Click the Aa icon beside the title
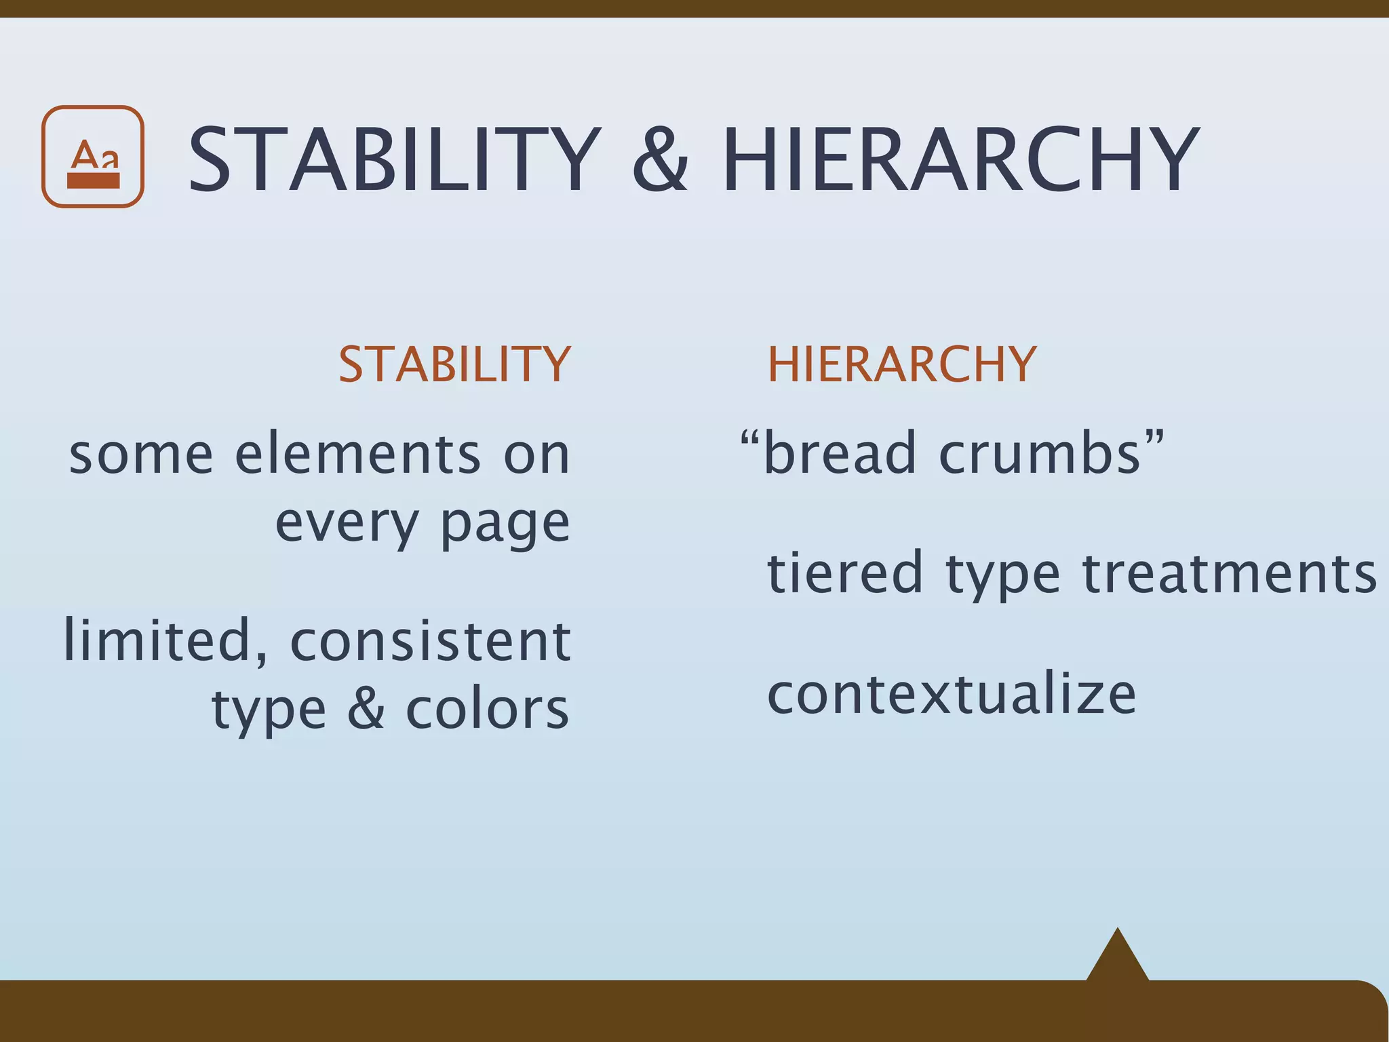93,157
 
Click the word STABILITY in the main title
394,161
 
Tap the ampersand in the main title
660,161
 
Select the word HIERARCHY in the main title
960,161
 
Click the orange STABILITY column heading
454,365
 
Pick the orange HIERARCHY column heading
901,365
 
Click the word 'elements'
357,455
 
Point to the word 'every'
347,525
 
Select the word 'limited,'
165,641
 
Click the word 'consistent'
430,642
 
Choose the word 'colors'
487,710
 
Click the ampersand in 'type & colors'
366,710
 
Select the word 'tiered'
845,574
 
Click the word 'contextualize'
951,695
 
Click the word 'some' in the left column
141,455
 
